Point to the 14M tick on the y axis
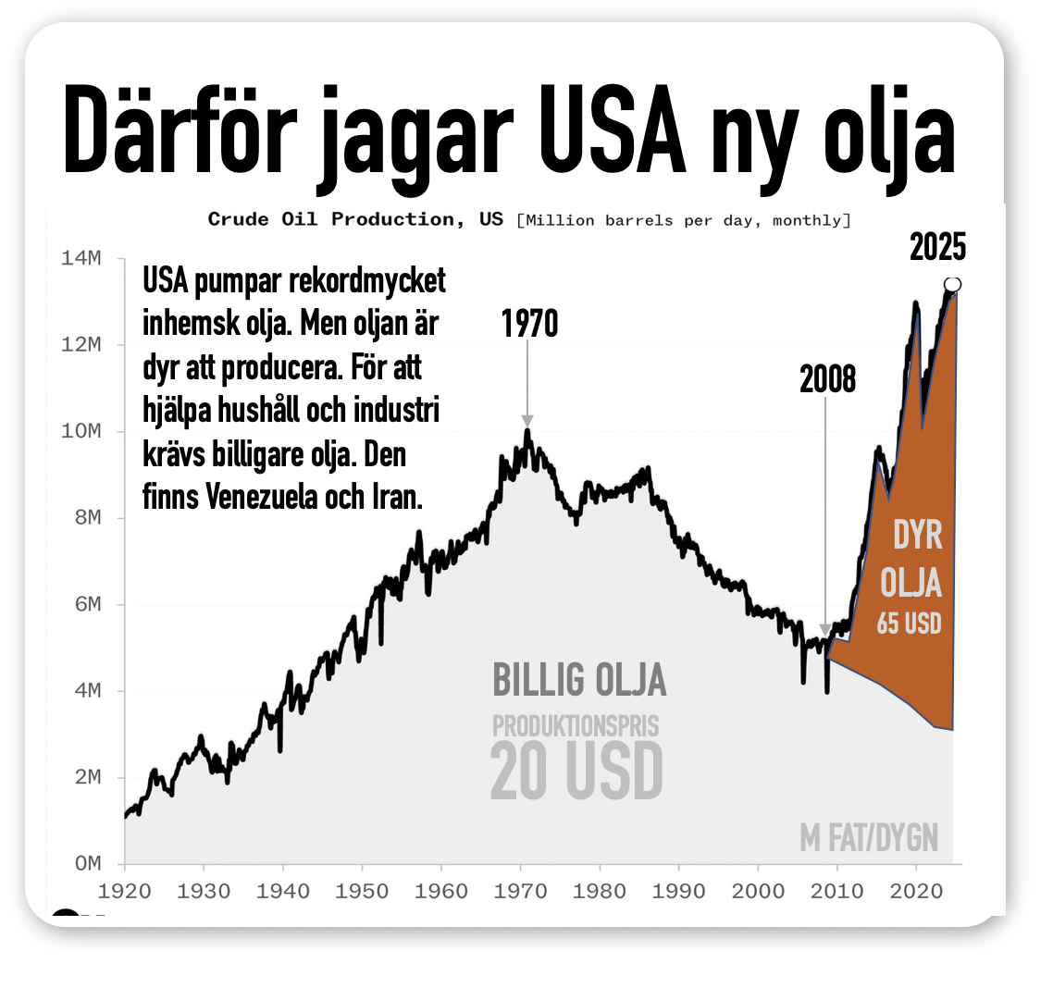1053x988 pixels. tap(81, 258)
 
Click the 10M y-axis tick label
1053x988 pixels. tap(81, 431)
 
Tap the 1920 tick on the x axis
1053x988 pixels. tap(124, 892)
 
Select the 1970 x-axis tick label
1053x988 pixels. tap(520, 892)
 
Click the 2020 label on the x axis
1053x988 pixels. tap(916, 892)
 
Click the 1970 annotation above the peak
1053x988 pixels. tap(529, 324)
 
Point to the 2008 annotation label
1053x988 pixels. tap(827, 379)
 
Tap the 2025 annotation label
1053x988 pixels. tap(937, 247)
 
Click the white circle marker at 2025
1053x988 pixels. tap(952, 284)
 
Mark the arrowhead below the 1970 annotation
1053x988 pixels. tap(527, 421)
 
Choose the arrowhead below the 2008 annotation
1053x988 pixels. tap(825, 631)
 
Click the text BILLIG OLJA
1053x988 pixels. tap(579, 680)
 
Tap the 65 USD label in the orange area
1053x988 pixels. tap(909, 624)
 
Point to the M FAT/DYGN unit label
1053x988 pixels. tap(869, 838)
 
